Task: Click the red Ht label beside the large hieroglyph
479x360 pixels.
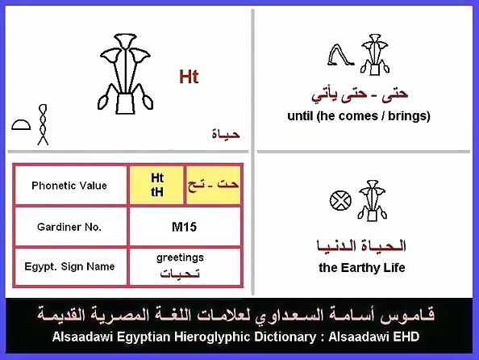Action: coord(189,77)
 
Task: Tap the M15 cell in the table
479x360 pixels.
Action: coord(184,227)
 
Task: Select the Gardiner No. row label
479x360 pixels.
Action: coord(69,227)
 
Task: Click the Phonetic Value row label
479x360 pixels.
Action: coord(69,186)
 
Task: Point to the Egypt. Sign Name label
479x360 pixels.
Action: coord(69,266)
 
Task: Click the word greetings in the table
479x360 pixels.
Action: coord(180,257)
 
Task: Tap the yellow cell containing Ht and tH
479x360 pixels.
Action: coord(156,185)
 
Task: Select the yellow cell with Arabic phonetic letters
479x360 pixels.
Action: coord(213,185)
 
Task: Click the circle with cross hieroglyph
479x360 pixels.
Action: coord(340,201)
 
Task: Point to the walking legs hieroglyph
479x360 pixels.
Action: coord(340,55)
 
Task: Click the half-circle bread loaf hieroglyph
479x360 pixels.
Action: coord(21,125)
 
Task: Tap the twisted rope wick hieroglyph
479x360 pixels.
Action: coord(43,125)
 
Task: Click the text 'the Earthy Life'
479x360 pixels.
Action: coord(362,268)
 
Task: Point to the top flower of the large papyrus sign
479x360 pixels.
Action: coord(125,40)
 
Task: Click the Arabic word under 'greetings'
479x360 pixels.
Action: coord(180,273)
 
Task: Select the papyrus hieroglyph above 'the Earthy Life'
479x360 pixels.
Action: coord(372,200)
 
